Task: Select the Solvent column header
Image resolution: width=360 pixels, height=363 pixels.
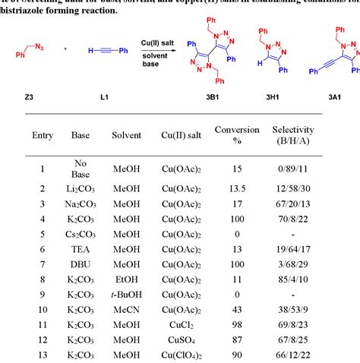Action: click(125, 135)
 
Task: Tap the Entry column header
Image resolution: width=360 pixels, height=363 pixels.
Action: click(43, 135)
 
